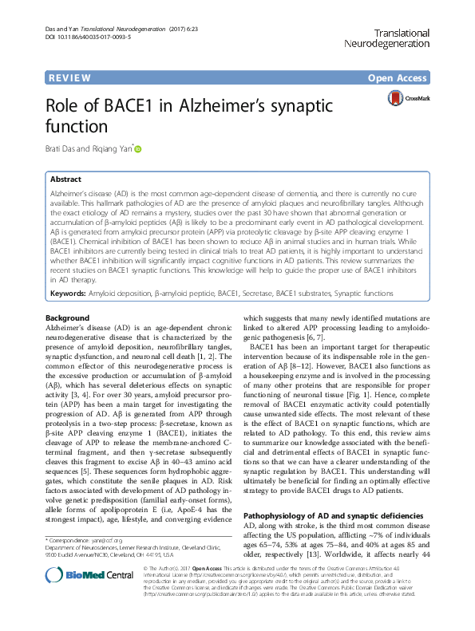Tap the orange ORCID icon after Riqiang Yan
137,148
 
